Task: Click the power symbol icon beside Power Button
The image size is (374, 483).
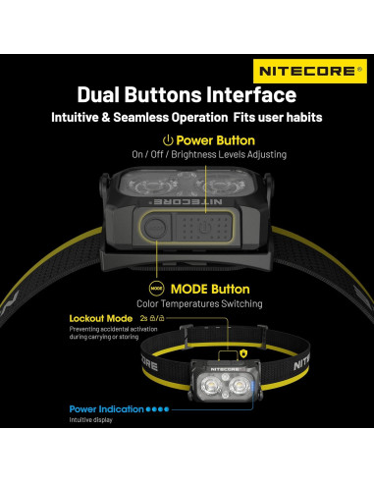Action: (168, 141)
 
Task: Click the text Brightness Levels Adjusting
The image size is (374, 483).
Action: (231, 154)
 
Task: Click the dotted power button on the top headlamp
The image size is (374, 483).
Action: (200, 226)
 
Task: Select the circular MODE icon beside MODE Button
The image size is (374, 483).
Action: (156, 290)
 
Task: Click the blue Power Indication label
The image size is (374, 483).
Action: (106, 408)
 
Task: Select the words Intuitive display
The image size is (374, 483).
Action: (91, 420)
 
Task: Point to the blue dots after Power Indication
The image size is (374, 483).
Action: (157, 408)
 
